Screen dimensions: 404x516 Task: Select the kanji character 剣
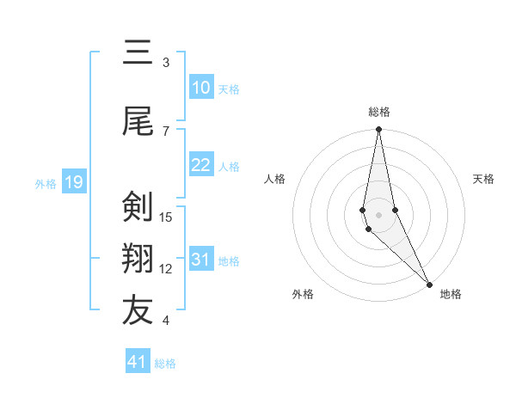pyautogui.click(x=138, y=208)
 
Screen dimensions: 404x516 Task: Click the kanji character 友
pyautogui.click(x=138, y=312)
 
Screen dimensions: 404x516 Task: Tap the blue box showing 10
pyautogui.click(x=201, y=88)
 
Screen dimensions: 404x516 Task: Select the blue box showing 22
pyautogui.click(x=201, y=165)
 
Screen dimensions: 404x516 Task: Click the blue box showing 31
pyautogui.click(x=201, y=260)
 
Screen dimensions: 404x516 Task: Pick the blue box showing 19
pyautogui.click(x=74, y=182)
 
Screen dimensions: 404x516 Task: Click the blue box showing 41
pyautogui.click(x=138, y=362)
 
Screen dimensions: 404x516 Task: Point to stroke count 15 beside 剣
pyautogui.click(x=166, y=217)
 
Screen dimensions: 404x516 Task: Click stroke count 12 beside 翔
pyautogui.click(x=166, y=269)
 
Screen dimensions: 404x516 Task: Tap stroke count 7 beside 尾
pyautogui.click(x=166, y=131)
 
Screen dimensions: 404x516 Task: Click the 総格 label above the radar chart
pyautogui.click(x=379, y=112)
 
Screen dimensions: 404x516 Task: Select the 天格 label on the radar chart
pyautogui.click(x=483, y=179)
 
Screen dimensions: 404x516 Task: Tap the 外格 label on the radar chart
pyautogui.click(x=302, y=294)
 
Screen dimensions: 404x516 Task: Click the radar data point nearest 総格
pyautogui.click(x=378, y=130)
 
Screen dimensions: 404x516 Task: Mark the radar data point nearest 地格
pyautogui.click(x=429, y=284)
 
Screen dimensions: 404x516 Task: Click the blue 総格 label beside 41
pyautogui.click(x=165, y=364)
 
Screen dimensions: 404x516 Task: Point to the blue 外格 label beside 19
pyautogui.click(x=45, y=183)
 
